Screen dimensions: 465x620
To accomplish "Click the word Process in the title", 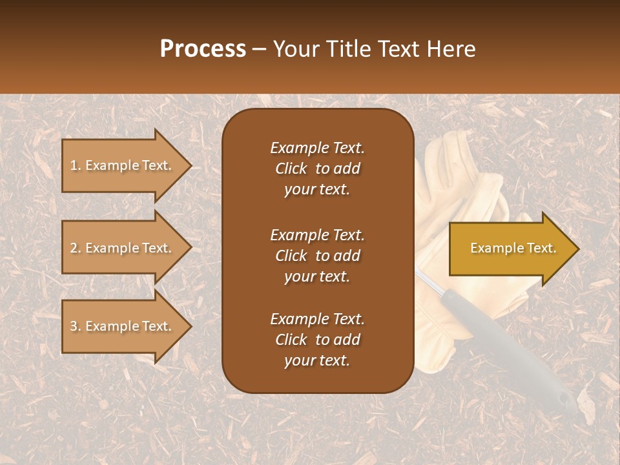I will click(203, 49).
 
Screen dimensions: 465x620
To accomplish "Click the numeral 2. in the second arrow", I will click(75, 248).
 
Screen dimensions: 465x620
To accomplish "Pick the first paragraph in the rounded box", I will click(317, 169).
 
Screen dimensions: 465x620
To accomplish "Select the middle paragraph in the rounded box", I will click(317, 256).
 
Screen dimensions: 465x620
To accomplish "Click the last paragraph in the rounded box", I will click(317, 340).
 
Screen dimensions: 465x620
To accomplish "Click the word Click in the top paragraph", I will click(291, 169).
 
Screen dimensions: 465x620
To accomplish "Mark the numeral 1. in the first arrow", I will click(75, 165).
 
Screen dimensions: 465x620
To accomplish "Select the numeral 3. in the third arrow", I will click(75, 326).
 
